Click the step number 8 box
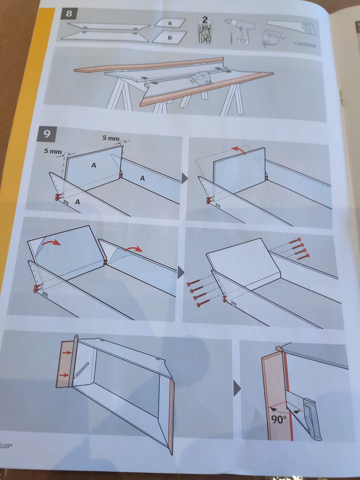pos(69,14)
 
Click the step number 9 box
pos(47,134)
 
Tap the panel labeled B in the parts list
pos(169,37)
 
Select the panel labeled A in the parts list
pos(170,23)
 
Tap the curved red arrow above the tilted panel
pos(239,150)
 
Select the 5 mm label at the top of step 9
pos(111,138)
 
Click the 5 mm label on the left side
pos(52,151)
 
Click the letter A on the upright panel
pos(93,165)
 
